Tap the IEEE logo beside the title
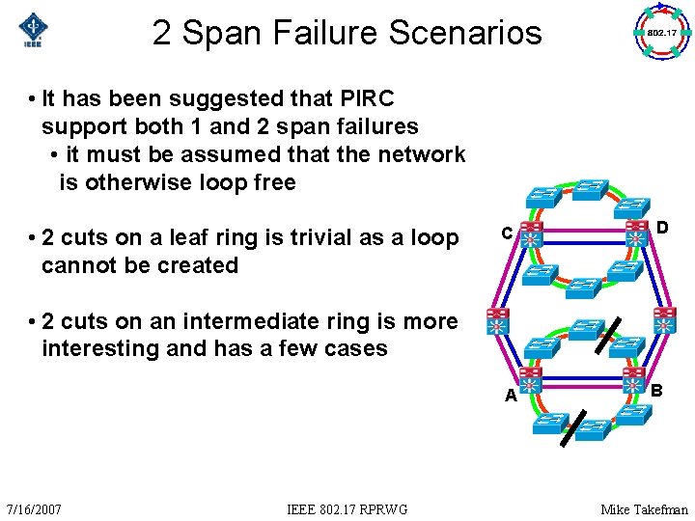35,32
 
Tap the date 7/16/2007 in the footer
34,508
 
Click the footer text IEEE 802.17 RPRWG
347,508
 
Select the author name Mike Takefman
644,508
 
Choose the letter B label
656,391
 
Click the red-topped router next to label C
530,234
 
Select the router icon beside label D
637,233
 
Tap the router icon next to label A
530,378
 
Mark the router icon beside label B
634,377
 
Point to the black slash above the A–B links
602,335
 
